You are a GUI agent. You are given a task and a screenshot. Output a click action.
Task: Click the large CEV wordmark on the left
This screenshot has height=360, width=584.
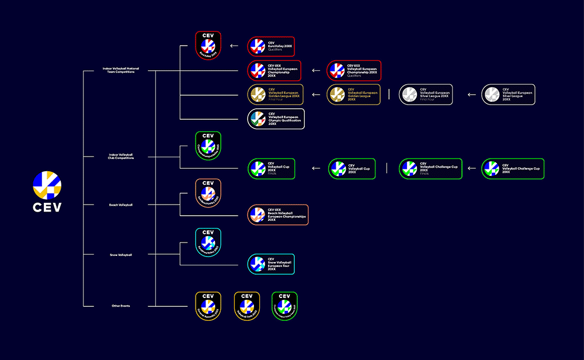(x=47, y=207)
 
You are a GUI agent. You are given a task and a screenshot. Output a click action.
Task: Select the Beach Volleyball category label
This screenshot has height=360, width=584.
(x=121, y=205)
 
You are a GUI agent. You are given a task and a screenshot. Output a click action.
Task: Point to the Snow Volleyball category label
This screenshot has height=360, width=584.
(x=121, y=255)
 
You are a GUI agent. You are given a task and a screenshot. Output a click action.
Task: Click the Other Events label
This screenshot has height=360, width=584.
(x=121, y=306)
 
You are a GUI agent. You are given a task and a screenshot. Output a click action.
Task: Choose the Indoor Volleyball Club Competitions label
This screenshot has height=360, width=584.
(x=121, y=156)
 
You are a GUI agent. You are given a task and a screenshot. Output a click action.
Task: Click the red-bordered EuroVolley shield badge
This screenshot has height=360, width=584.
(x=208, y=46)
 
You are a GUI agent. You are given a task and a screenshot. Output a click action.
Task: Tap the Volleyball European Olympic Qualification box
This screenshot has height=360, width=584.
(x=276, y=119)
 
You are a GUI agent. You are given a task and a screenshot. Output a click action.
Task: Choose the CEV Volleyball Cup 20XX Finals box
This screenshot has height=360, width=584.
(x=272, y=169)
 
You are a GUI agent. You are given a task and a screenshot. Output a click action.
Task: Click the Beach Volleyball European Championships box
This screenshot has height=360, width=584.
(x=277, y=215)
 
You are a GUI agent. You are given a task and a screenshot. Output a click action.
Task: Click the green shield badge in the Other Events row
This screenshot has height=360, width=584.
(x=284, y=306)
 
